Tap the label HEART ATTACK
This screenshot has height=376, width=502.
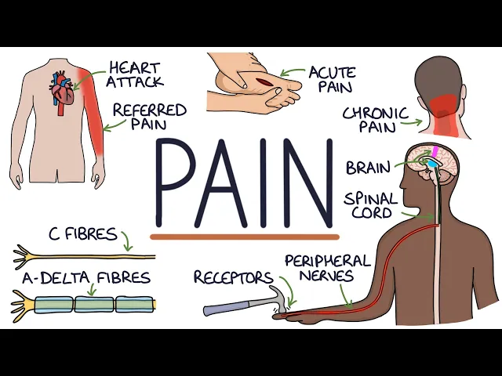coord(136,74)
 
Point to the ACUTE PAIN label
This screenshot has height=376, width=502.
coord(332,79)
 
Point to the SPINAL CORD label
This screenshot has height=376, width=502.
coord(370,206)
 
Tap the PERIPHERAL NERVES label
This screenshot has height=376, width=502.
coord(327,267)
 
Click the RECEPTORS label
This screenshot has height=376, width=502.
coord(233,278)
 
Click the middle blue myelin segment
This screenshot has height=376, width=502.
coord(94,303)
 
